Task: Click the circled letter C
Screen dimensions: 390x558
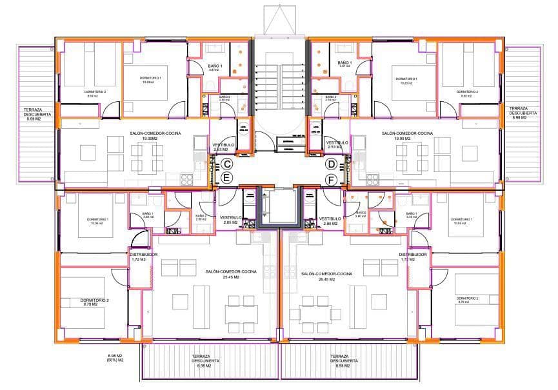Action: tap(227, 164)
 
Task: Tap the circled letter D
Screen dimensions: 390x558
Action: tap(331, 164)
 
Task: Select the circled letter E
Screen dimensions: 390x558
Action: tap(226, 177)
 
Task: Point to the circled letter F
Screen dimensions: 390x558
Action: tap(331, 179)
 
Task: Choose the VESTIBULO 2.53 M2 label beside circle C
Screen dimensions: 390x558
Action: tap(223, 146)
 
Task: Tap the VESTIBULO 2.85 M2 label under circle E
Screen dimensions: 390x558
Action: tap(231, 220)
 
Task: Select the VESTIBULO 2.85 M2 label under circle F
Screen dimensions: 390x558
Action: tap(330, 221)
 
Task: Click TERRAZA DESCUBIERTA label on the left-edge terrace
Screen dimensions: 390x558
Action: tap(29, 113)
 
